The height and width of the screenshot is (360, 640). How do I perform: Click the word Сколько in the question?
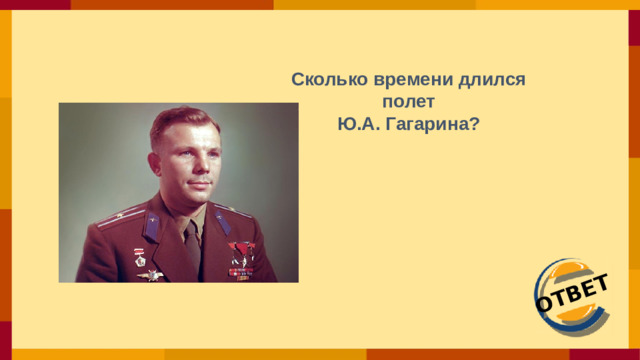(322, 79)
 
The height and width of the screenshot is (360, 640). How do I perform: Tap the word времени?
(402, 79)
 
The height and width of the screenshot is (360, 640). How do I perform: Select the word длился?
(493, 79)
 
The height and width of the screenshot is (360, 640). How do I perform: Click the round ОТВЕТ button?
(571, 297)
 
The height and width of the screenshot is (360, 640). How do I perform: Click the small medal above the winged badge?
(152, 258)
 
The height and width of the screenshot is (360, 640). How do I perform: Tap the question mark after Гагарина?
(474, 125)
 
